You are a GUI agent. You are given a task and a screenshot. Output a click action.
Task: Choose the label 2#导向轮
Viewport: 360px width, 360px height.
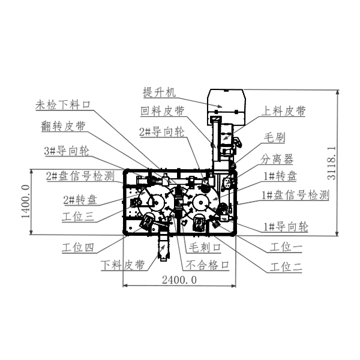[161, 131]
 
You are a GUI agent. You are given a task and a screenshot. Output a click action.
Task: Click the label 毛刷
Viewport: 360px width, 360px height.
[275, 137]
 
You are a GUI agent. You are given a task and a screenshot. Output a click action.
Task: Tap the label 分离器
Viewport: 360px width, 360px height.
[277, 159]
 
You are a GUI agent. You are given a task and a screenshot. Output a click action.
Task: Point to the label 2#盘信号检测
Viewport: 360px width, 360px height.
[80, 176]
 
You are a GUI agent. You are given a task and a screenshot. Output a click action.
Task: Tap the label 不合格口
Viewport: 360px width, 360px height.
[209, 264]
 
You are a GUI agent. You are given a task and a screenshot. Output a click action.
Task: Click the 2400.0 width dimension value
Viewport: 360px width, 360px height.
[179, 280]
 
